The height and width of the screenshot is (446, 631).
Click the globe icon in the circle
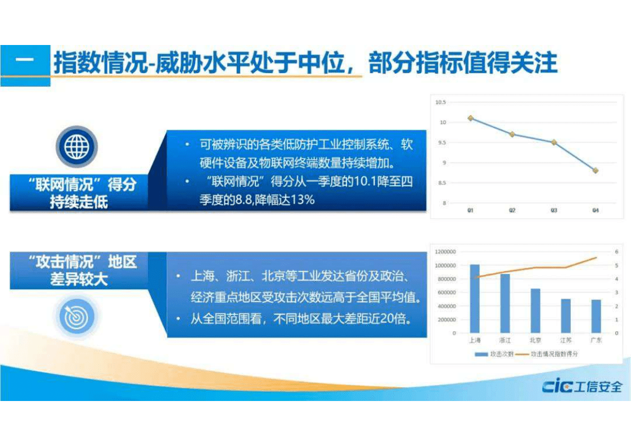click(x=76, y=147)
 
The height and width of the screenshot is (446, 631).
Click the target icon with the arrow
click(x=76, y=316)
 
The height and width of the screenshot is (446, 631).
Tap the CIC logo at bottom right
click(x=582, y=387)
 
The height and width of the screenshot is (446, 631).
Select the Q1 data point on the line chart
click(x=470, y=118)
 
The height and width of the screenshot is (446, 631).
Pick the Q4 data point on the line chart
click(x=595, y=170)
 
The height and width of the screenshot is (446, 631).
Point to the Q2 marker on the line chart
click(x=512, y=134)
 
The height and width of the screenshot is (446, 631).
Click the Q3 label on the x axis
click(x=553, y=210)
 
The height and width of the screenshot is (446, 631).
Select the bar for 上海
click(x=475, y=299)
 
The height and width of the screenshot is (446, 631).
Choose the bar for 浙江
click(x=505, y=303)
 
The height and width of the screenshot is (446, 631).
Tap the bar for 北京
click(x=535, y=310)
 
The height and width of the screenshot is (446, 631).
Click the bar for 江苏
click(x=566, y=316)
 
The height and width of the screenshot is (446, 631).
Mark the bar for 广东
click(x=596, y=316)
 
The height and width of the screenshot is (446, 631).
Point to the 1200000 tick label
click(x=445, y=252)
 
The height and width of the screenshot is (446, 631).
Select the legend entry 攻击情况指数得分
click(x=548, y=354)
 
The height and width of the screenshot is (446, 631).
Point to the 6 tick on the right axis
click(x=616, y=252)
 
